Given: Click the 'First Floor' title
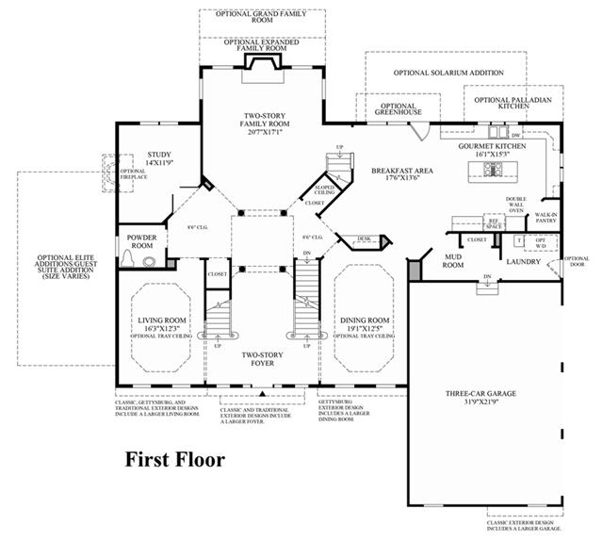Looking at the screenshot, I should (x=176, y=460).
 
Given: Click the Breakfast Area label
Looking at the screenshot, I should (x=400, y=171).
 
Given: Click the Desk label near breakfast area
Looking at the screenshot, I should (x=363, y=239).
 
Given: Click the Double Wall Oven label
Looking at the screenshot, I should (x=515, y=205).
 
